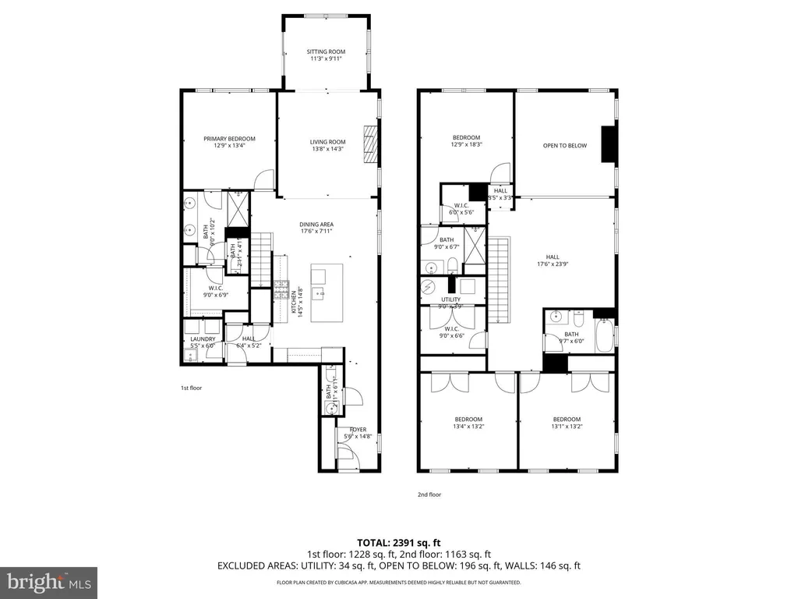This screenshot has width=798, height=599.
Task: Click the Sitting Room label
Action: pos(326,52)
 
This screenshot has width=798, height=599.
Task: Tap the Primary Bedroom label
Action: pos(229,139)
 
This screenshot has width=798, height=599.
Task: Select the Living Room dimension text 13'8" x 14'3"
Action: pos(327,149)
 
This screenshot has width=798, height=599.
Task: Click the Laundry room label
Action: pos(203,339)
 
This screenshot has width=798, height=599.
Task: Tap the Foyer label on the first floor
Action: pos(358,429)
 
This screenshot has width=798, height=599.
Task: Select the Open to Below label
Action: pos(564,145)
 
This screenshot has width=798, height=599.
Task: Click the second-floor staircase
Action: pos(498,281)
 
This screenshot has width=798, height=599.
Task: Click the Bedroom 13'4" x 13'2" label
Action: pos(468,419)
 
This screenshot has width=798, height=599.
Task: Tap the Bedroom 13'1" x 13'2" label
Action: pos(567,419)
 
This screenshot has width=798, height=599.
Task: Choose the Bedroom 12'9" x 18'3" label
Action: pos(465,137)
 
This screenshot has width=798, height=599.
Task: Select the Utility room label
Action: pos(450,299)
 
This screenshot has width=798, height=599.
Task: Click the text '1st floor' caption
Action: pos(191,388)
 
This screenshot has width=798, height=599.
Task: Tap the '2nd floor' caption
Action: pos(429,494)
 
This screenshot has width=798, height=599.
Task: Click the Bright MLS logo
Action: pos(48,581)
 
